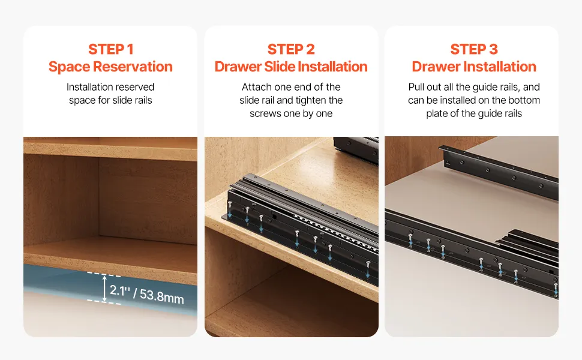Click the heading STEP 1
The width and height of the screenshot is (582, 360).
[x=110, y=49]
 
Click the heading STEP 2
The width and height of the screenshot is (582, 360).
[x=291, y=49]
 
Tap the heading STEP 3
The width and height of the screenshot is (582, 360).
[x=474, y=49]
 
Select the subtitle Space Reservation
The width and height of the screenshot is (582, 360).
[x=110, y=67]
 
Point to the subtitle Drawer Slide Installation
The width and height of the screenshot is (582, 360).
[x=291, y=67]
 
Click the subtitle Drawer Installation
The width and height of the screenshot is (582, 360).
[x=474, y=67]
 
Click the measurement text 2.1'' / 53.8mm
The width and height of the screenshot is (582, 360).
[x=147, y=295]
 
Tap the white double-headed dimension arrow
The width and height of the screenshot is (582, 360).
[x=104, y=289]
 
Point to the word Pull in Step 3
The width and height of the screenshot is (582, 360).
[x=415, y=87]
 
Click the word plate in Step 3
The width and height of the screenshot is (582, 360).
[x=437, y=113]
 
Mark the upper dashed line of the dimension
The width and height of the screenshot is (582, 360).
[x=104, y=275]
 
